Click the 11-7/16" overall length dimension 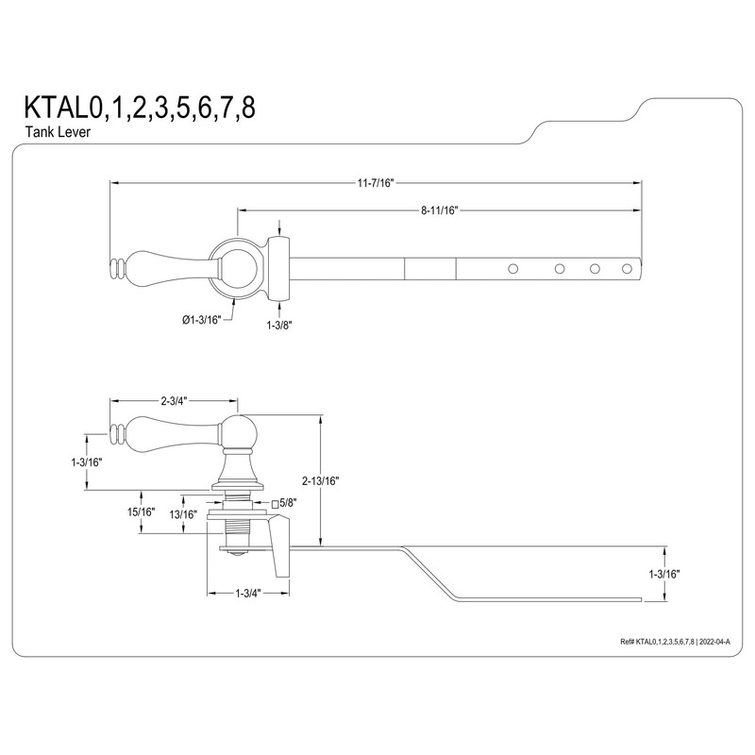pos(375,182)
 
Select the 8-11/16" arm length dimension pos(439,210)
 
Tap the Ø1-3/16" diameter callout pos(200,320)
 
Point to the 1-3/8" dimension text pos(279,323)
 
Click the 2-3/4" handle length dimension pos(174,401)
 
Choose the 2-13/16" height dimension pos(323,480)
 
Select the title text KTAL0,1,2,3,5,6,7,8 pos(133,106)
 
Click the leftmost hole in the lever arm pos(513,269)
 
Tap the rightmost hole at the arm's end pos(626,269)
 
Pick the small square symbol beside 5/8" pos(276,504)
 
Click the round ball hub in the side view pos(236,434)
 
